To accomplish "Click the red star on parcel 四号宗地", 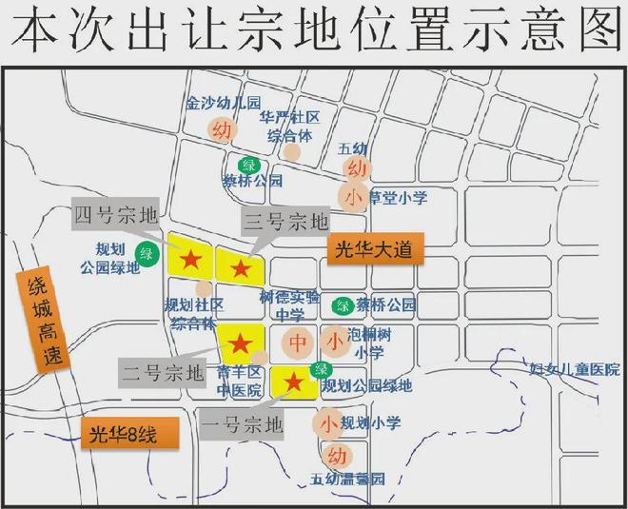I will (x=190, y=257).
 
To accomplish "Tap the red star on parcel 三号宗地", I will (x=241, y=269).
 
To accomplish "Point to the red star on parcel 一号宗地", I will (x=294, y=383).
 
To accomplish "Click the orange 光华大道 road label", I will (x=374, y=249).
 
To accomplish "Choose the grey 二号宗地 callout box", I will (x=163, y=369).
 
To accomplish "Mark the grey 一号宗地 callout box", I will (x=243, y=421).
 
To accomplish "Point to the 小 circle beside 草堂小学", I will (x=352, y=198).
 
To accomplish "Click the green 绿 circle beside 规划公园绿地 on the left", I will (x=147, y=253).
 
